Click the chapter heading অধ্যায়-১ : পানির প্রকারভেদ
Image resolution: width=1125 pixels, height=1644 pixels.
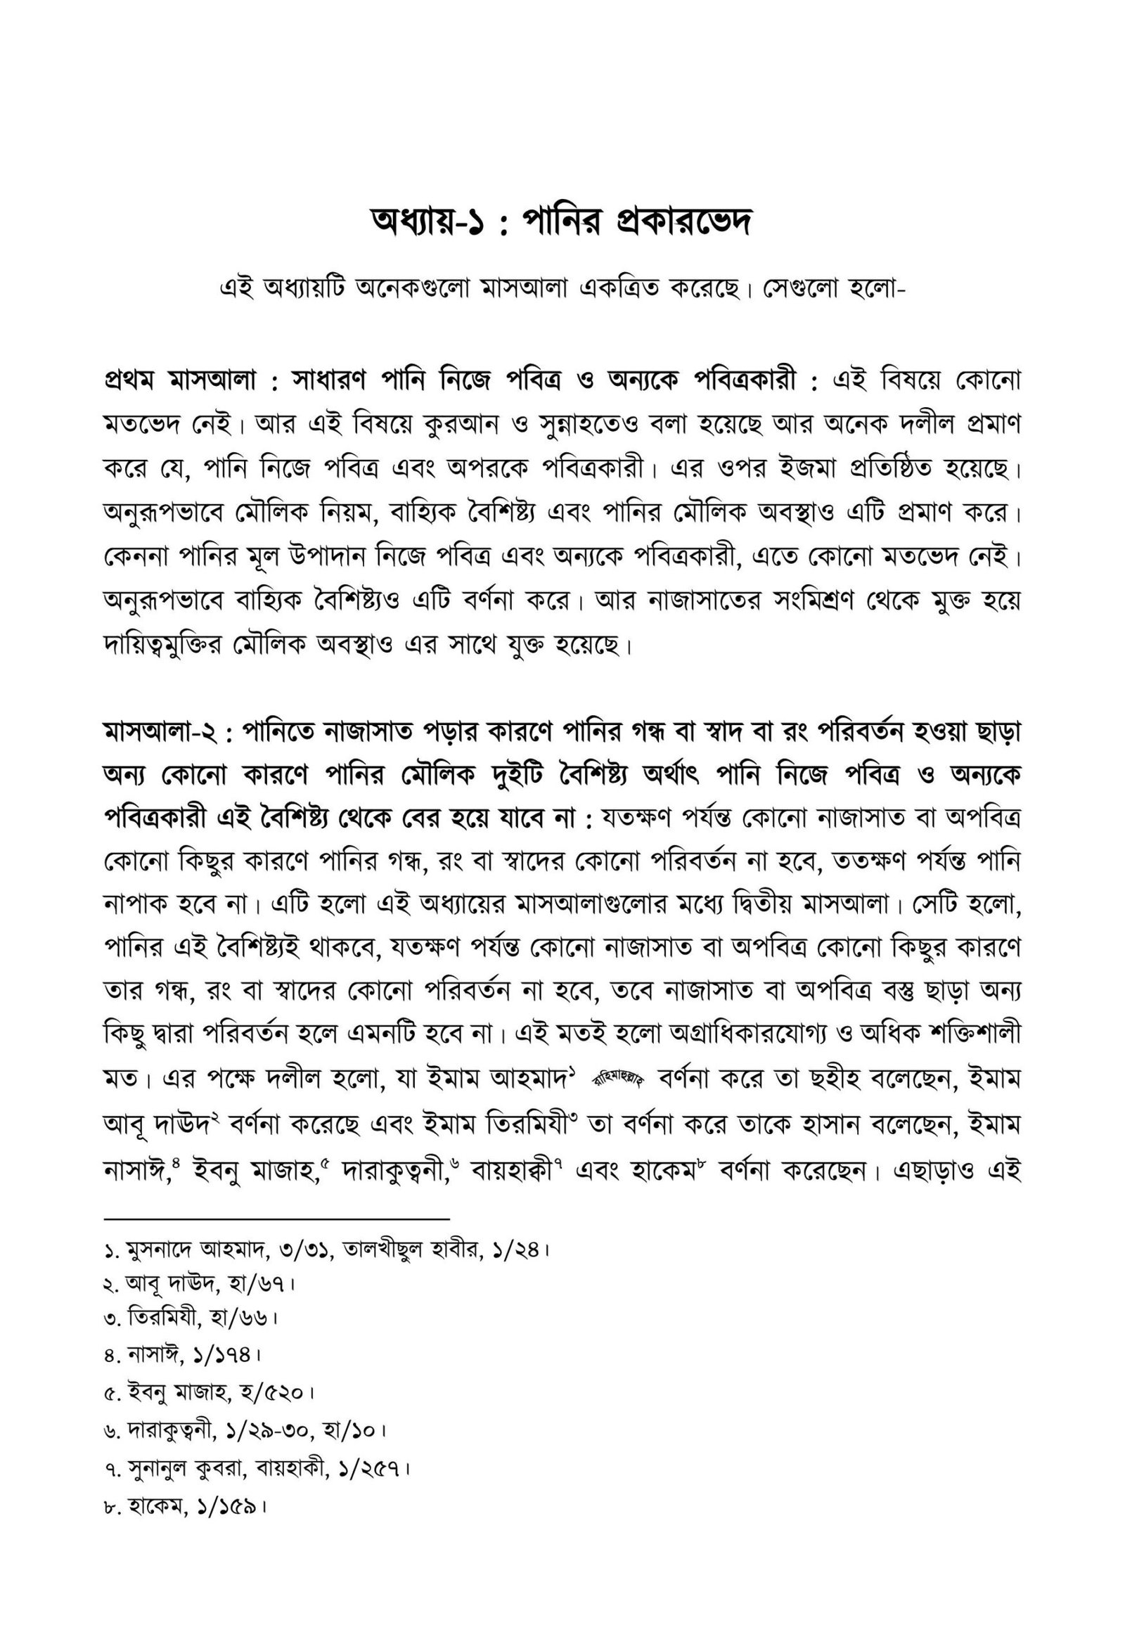561,223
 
